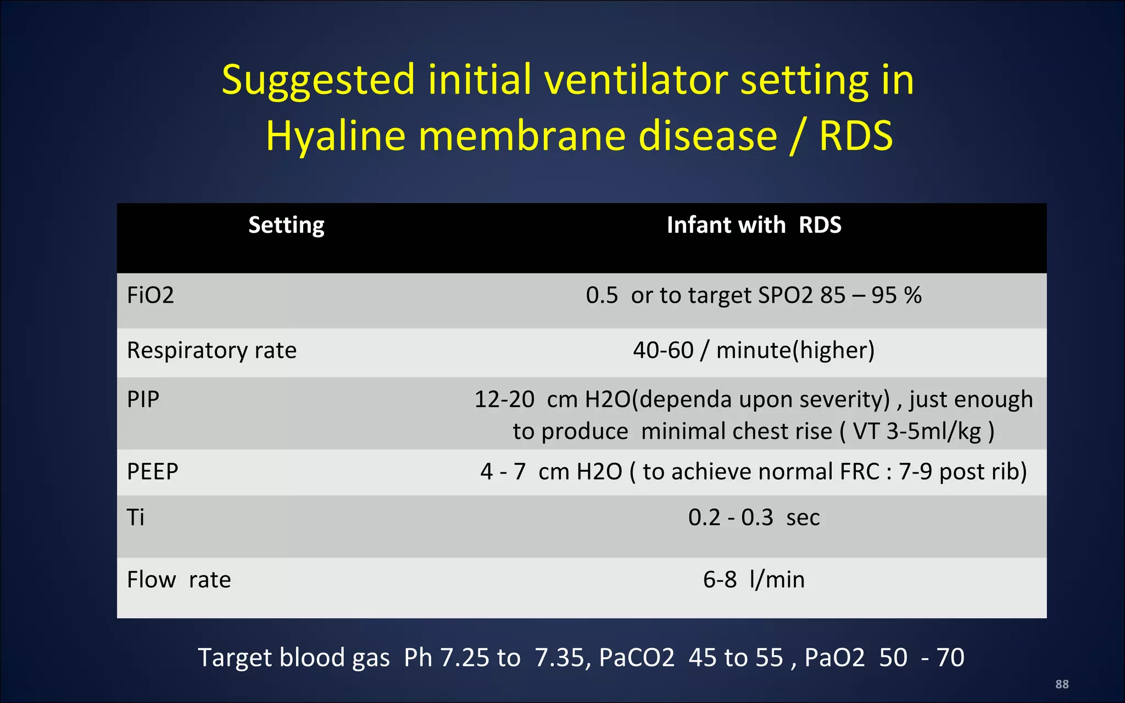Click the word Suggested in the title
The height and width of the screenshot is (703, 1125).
(318, 81)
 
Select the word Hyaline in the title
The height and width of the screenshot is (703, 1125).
(335, 136)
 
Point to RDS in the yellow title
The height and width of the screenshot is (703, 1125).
(856, 136)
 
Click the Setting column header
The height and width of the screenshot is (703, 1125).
(286, 225)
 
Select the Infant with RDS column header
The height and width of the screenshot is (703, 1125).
(754, 225)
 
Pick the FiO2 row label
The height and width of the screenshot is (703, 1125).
(150, 295)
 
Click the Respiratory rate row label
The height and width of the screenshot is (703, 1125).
(211, 350)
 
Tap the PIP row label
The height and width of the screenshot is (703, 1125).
(143, 399)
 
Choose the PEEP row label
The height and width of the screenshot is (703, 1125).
(152, 472)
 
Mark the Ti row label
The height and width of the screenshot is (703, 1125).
(135, 517)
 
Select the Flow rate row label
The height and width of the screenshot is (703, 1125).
(179, 579)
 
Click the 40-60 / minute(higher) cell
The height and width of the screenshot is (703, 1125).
(754, 350)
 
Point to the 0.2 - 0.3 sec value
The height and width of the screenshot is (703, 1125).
(754, 517)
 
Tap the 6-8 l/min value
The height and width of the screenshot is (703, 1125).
(754, 579)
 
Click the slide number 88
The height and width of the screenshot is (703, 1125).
(1062, 684)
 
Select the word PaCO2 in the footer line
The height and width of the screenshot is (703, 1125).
(636, 657)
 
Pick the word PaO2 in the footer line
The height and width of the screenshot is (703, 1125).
(834, 657)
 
